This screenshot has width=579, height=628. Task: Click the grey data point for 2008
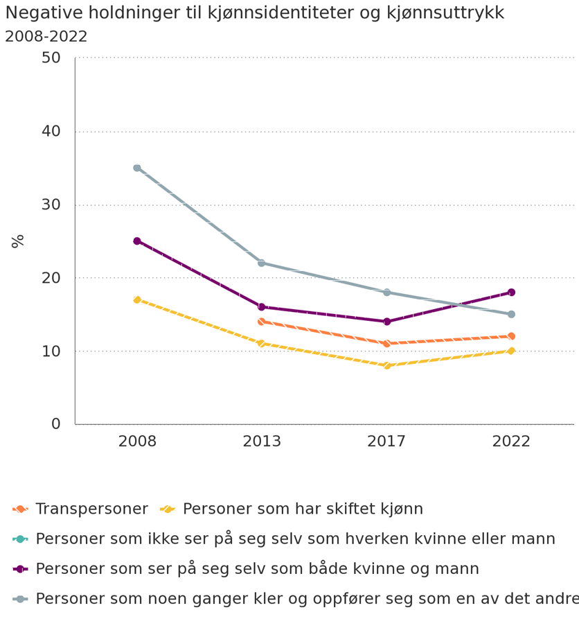pyautogui.click(x=137, y=168)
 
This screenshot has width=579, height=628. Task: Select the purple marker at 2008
pyautogui.click(x=137, y=241)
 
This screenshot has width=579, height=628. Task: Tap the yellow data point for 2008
pyautogui.click(x=137, y=299)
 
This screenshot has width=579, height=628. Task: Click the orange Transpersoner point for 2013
pyautogui.click(x=262, y=322)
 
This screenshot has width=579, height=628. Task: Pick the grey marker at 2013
pyautogui.click(x=262, y=263)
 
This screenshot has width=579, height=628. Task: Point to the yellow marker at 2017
pyautogui.click(x=386, y=365)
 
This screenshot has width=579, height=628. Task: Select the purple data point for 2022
pyautogui.click(x=511, y=293)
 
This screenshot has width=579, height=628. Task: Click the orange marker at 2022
pyautogui.click(x=511, y=336)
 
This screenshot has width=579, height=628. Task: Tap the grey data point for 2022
pyautogui.click(x=511, y=314)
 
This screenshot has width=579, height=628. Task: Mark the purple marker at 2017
pyautogui.click(x=386, y=322)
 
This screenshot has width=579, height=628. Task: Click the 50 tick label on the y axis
pyautogui.click(x=51, y=58)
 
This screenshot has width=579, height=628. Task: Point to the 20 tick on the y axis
pyautogui.click(x=51, y=278)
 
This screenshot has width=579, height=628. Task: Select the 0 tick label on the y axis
pyautogui.click(x=56, y=424)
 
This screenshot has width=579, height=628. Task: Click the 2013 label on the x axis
pyautogui.click(x=262, y=442)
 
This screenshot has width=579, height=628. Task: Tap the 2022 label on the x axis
pyautogui.click(x=511, y=442)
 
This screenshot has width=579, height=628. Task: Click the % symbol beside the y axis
pyautogui.click(x=18, y=241)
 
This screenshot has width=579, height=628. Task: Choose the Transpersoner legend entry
pyautogui.click(x=91, y=509)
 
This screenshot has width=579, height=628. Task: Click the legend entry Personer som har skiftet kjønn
pyautogui.click(x=303, y=509)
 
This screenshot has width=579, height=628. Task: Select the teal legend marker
pyautogui.click(x=20, y=539)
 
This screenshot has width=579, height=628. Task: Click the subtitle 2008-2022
pyautogui.click(x=46, y=37)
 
